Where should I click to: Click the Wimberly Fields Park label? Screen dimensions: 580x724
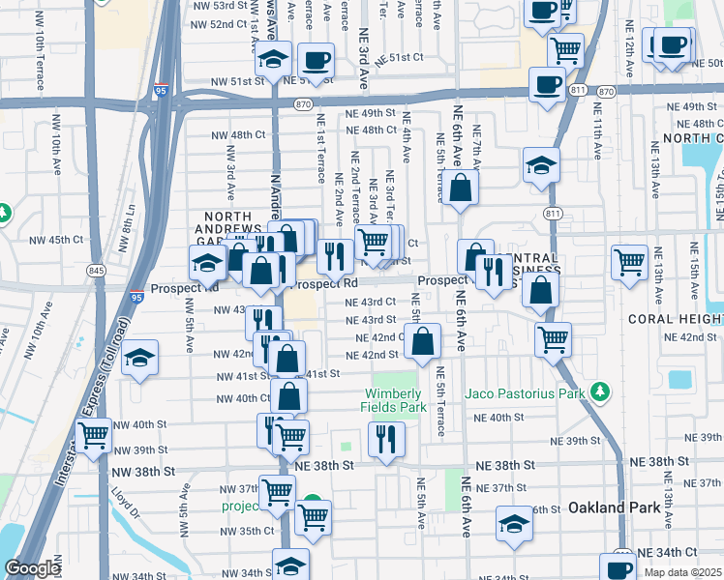(x=394, y=400)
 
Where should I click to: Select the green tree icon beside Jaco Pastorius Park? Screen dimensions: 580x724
(x=602, y=391)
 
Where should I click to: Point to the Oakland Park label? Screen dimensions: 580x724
(x=606, y=507)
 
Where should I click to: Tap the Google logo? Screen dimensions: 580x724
(x=33, y=568)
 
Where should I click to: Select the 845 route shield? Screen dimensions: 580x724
(x=96, y=270)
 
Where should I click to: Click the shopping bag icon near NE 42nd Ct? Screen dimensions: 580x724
(x=424, y=341)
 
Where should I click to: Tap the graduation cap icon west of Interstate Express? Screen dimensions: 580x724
(x=139, y=359)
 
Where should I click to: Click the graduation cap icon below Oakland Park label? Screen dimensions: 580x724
(x=514, y=523)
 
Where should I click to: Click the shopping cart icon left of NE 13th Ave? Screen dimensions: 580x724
(x=630, y=259)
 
